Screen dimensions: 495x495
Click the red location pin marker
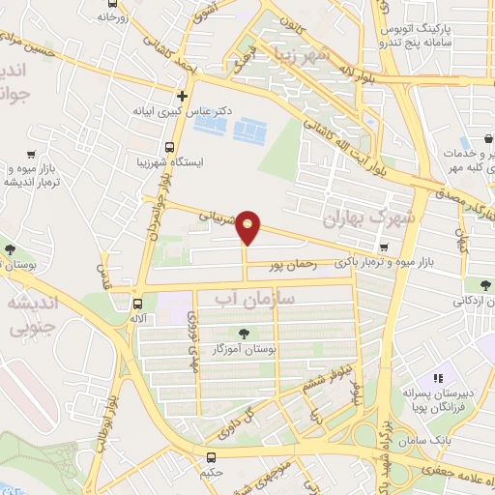(249, 227)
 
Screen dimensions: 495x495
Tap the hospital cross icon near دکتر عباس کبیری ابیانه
(182, 96)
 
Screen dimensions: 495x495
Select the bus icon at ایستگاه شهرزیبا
(170, 148)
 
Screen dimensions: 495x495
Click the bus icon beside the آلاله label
(138, 301)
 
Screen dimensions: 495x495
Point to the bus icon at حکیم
(211, 456)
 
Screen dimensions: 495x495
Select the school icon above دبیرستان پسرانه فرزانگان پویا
(437, 378)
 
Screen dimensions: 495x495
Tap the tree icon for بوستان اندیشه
(9, 251)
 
